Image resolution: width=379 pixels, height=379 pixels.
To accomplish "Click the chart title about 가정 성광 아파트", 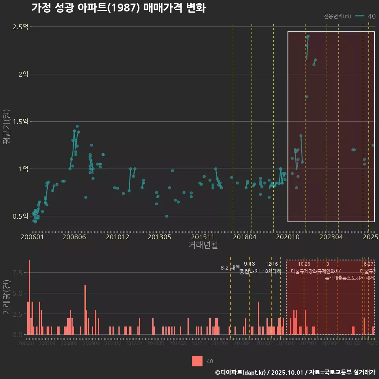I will pos(118,8).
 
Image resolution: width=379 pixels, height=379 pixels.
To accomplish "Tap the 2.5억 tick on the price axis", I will pos(20,27).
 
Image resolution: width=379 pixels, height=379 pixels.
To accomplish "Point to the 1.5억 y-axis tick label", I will pos(20,122).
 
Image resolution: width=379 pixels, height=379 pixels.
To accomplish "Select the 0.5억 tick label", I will pos(20,216).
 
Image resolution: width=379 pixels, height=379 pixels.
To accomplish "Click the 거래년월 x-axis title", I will pos(203,245).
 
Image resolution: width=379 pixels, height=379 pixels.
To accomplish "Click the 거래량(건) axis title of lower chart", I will pos(7,297).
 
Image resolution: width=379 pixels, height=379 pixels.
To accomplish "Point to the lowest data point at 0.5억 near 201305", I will pos(167,216).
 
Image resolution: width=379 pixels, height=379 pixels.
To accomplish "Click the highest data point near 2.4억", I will pos(308,36).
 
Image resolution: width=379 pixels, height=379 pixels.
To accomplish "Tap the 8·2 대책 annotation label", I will pos(231,268).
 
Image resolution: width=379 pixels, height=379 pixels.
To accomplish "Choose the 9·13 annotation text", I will pos(250,264).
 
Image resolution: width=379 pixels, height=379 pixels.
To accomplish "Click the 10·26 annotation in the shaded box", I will pos(304,264).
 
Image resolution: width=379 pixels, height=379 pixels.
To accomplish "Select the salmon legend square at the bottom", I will pos(197,361).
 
